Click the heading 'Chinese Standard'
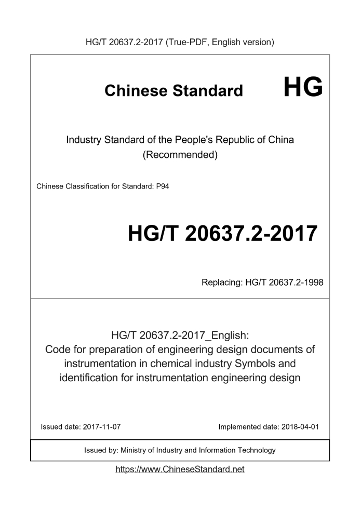click(174, 91)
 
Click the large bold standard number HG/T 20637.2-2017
click(222, 234)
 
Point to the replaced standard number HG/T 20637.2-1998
click(284, 283)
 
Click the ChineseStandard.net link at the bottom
click(180, 469)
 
